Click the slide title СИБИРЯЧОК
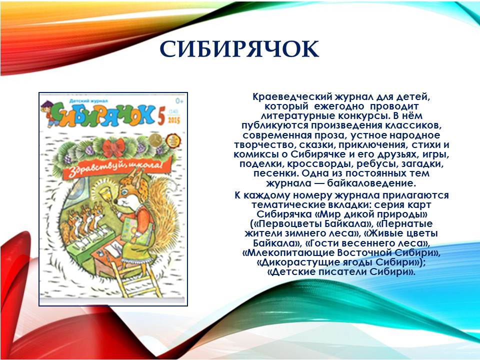[239, 49]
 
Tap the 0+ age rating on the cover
[179, 100]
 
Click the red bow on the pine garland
[114, 147]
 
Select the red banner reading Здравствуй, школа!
[115, 168]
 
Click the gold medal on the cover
[156, 140]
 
